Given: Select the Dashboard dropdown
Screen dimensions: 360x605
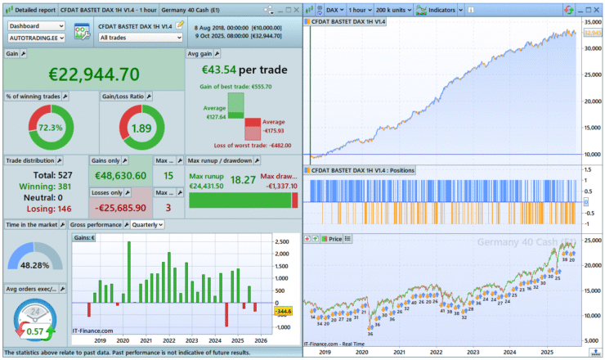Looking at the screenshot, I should pos(36,25).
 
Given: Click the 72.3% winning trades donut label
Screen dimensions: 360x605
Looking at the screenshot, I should pos(51,128).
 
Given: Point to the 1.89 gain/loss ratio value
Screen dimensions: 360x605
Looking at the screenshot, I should pos(141,128).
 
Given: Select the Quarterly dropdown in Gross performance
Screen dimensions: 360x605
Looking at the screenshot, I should pos(148,225).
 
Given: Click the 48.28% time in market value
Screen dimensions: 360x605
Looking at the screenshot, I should pos(34,267).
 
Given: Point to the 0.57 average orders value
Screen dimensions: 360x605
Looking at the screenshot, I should pos(34,331).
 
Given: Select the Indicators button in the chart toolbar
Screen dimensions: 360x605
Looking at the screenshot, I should pos(438,9).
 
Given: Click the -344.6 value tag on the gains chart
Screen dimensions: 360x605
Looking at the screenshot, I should pos(284,312).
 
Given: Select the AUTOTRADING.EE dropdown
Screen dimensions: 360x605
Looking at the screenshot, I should pos(36,38).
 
